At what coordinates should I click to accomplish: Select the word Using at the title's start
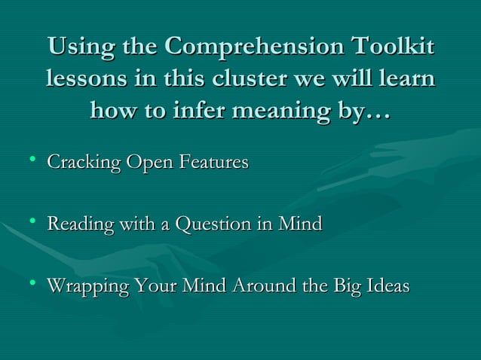click(x=72, y=47)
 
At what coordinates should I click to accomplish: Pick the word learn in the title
click(x=406, y=78)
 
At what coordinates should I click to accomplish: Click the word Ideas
click(x=385, y=286)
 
